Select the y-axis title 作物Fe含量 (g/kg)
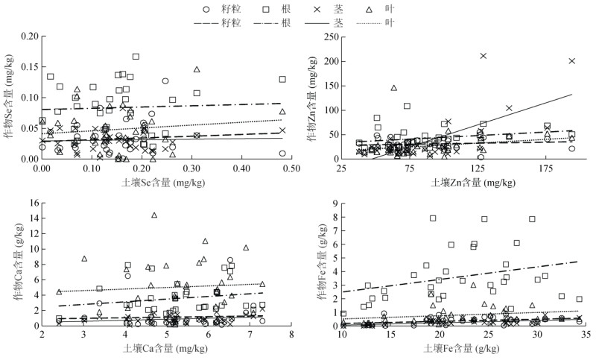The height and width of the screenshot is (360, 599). point(319,264)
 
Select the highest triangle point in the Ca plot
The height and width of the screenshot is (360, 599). point(154,215)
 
